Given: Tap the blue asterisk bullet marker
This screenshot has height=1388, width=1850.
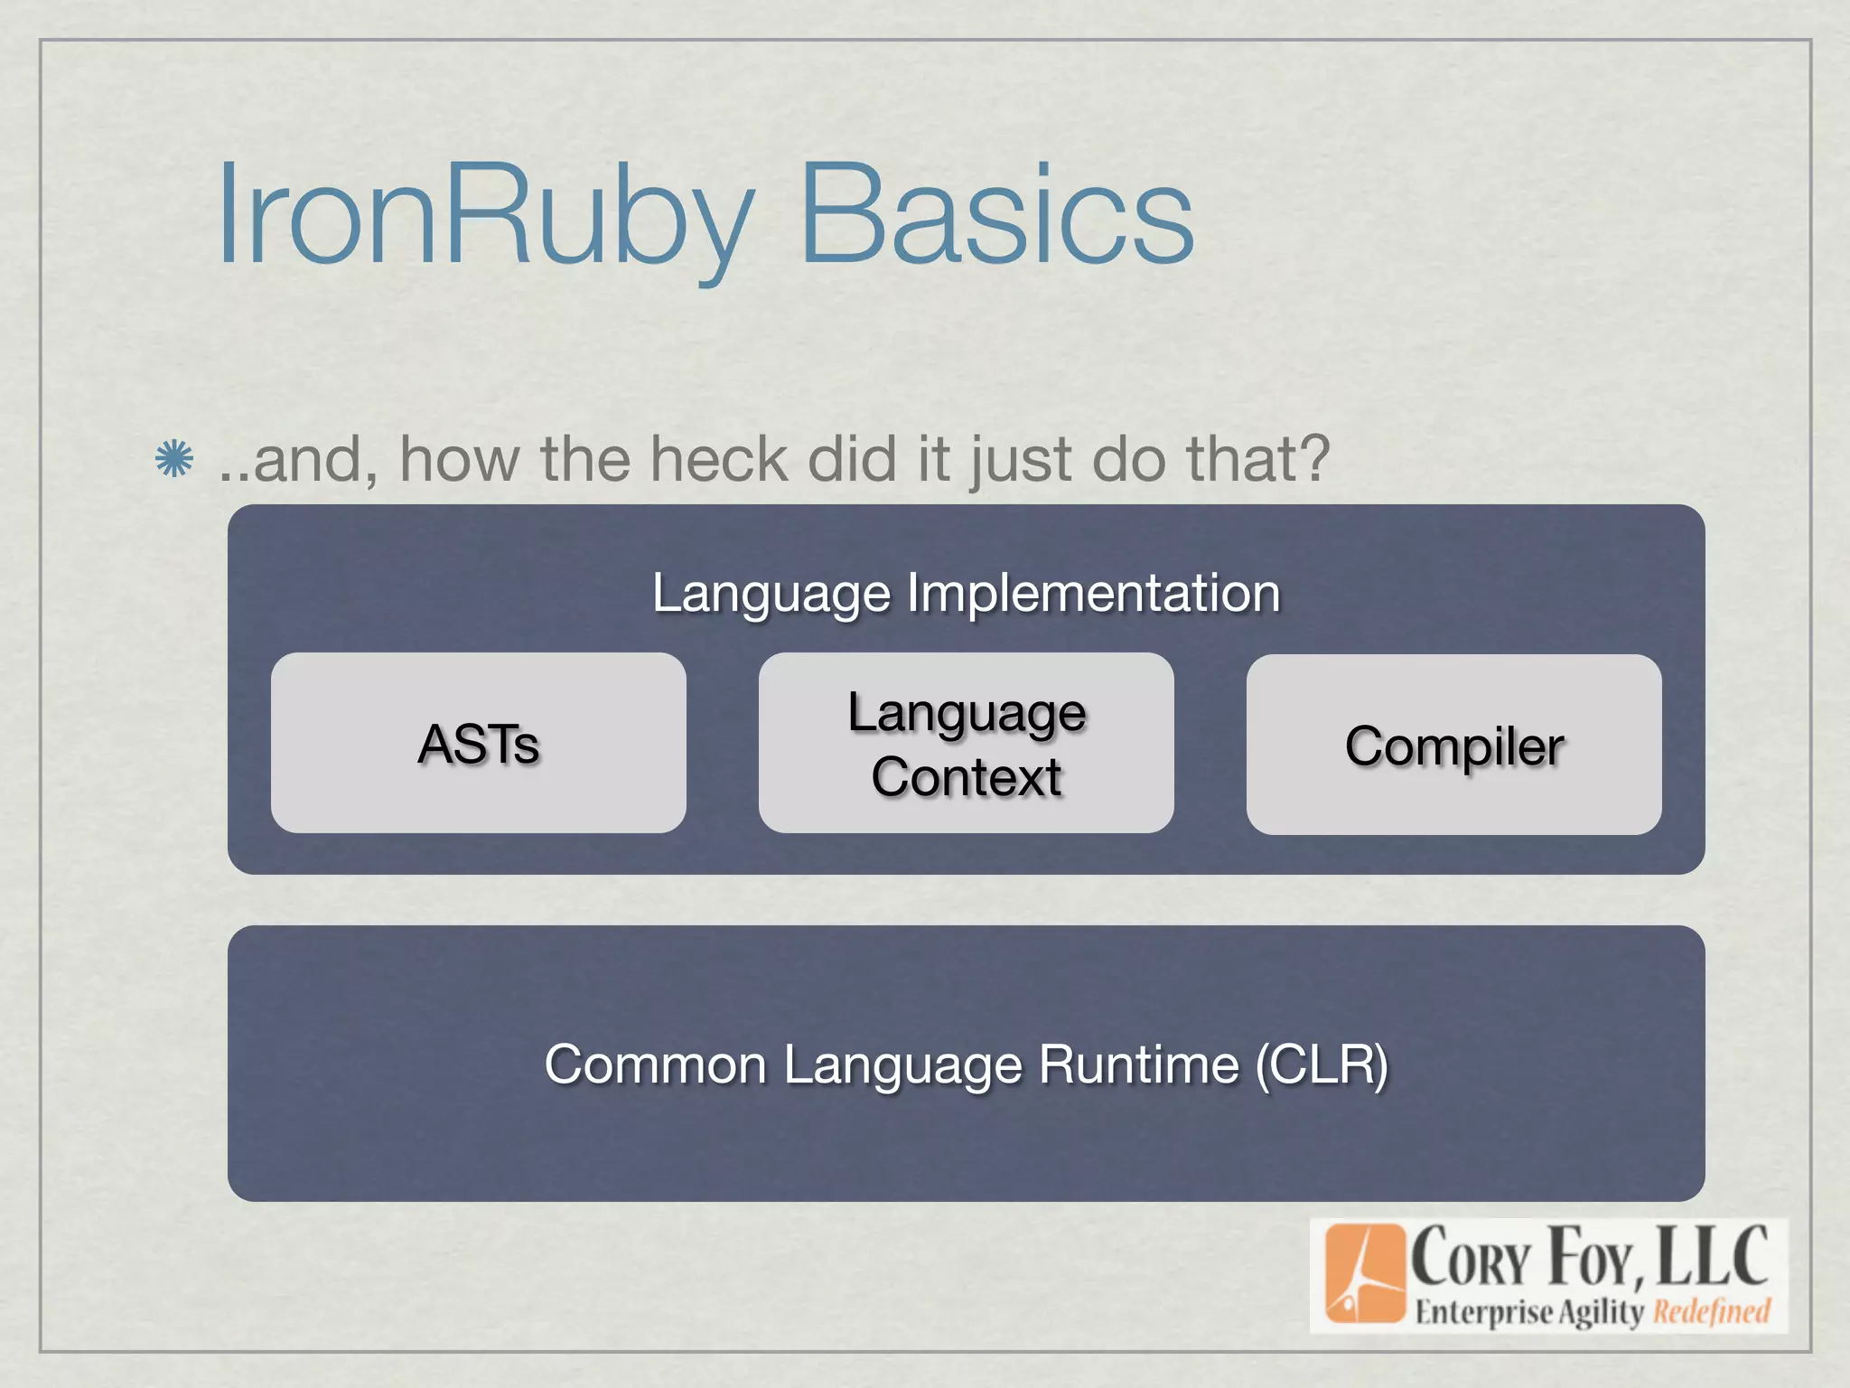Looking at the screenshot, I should pyautogui.click(x=173, y=459).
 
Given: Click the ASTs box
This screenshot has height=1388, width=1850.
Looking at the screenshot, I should pyautogui.click(x=478, y=743).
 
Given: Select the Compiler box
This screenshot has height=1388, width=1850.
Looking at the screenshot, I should pyautogui.click(x=1453, y=746).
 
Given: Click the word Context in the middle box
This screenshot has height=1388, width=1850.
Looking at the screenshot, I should pyautogui.click(x=966, y=777).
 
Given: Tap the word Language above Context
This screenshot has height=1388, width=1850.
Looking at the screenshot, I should pyautogui.click(x=966, y=714).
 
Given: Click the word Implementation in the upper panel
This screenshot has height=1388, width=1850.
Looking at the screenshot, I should pyautogui.click(x=1093, y=593).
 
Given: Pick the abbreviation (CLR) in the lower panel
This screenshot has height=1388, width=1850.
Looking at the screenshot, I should pyautogui.click(x=1321, y=1064).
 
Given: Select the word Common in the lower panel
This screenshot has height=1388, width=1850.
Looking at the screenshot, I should pyautogui.click(x=655, y=1064).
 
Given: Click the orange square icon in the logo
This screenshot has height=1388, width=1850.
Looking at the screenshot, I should pyautogui.click(x=1364, y=1273).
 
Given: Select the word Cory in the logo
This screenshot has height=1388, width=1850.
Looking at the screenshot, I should pyautogui.click(x=1471, y=1259).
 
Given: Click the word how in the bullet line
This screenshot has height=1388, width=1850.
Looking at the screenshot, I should pyautogui.click(x=460, y=459).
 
